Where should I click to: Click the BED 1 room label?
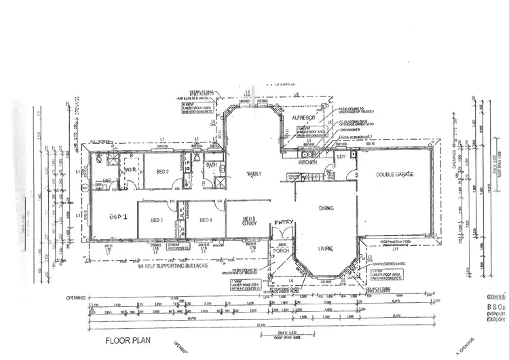[119, 217]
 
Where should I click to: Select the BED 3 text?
[157, 220]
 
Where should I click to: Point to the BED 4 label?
[206, 220]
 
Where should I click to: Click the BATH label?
[210, 164]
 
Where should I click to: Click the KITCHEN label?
[309, 164]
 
